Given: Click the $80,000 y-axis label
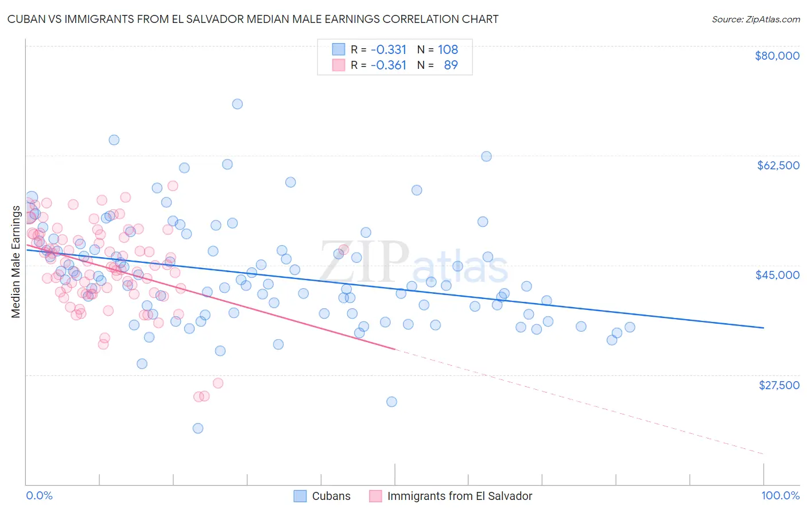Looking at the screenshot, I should (x=777, y=56).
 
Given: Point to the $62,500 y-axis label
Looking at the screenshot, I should (x=778, y=165).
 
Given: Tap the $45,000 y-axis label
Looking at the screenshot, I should (x=777, y=275).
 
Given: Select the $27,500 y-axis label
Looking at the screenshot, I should (x=779, y=385).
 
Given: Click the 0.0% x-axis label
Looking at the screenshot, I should (x=39, y=495).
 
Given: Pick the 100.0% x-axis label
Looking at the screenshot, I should (x=780, y=495).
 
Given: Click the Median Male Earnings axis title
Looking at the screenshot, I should (x=15, y=262).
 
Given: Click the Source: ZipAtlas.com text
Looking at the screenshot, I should (x=755, y=19).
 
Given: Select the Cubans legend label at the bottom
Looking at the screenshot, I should (x=331, y=496).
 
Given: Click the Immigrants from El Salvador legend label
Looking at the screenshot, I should (x=460, y=496).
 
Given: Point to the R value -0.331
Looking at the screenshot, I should (x=388, y=49).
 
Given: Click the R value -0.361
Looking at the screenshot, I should (x=388, y=65).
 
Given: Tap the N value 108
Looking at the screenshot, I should (x=448, y=49).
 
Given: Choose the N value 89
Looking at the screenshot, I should (x=451, y=65).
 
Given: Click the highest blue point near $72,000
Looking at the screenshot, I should (x=237, y=104).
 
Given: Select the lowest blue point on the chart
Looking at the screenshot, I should (x=198, y=428).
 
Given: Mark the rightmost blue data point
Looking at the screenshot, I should (x=630, y=327).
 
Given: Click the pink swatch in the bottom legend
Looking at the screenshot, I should (x=375, y=496).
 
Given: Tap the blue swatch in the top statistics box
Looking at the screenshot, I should (x=339, y=49).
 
